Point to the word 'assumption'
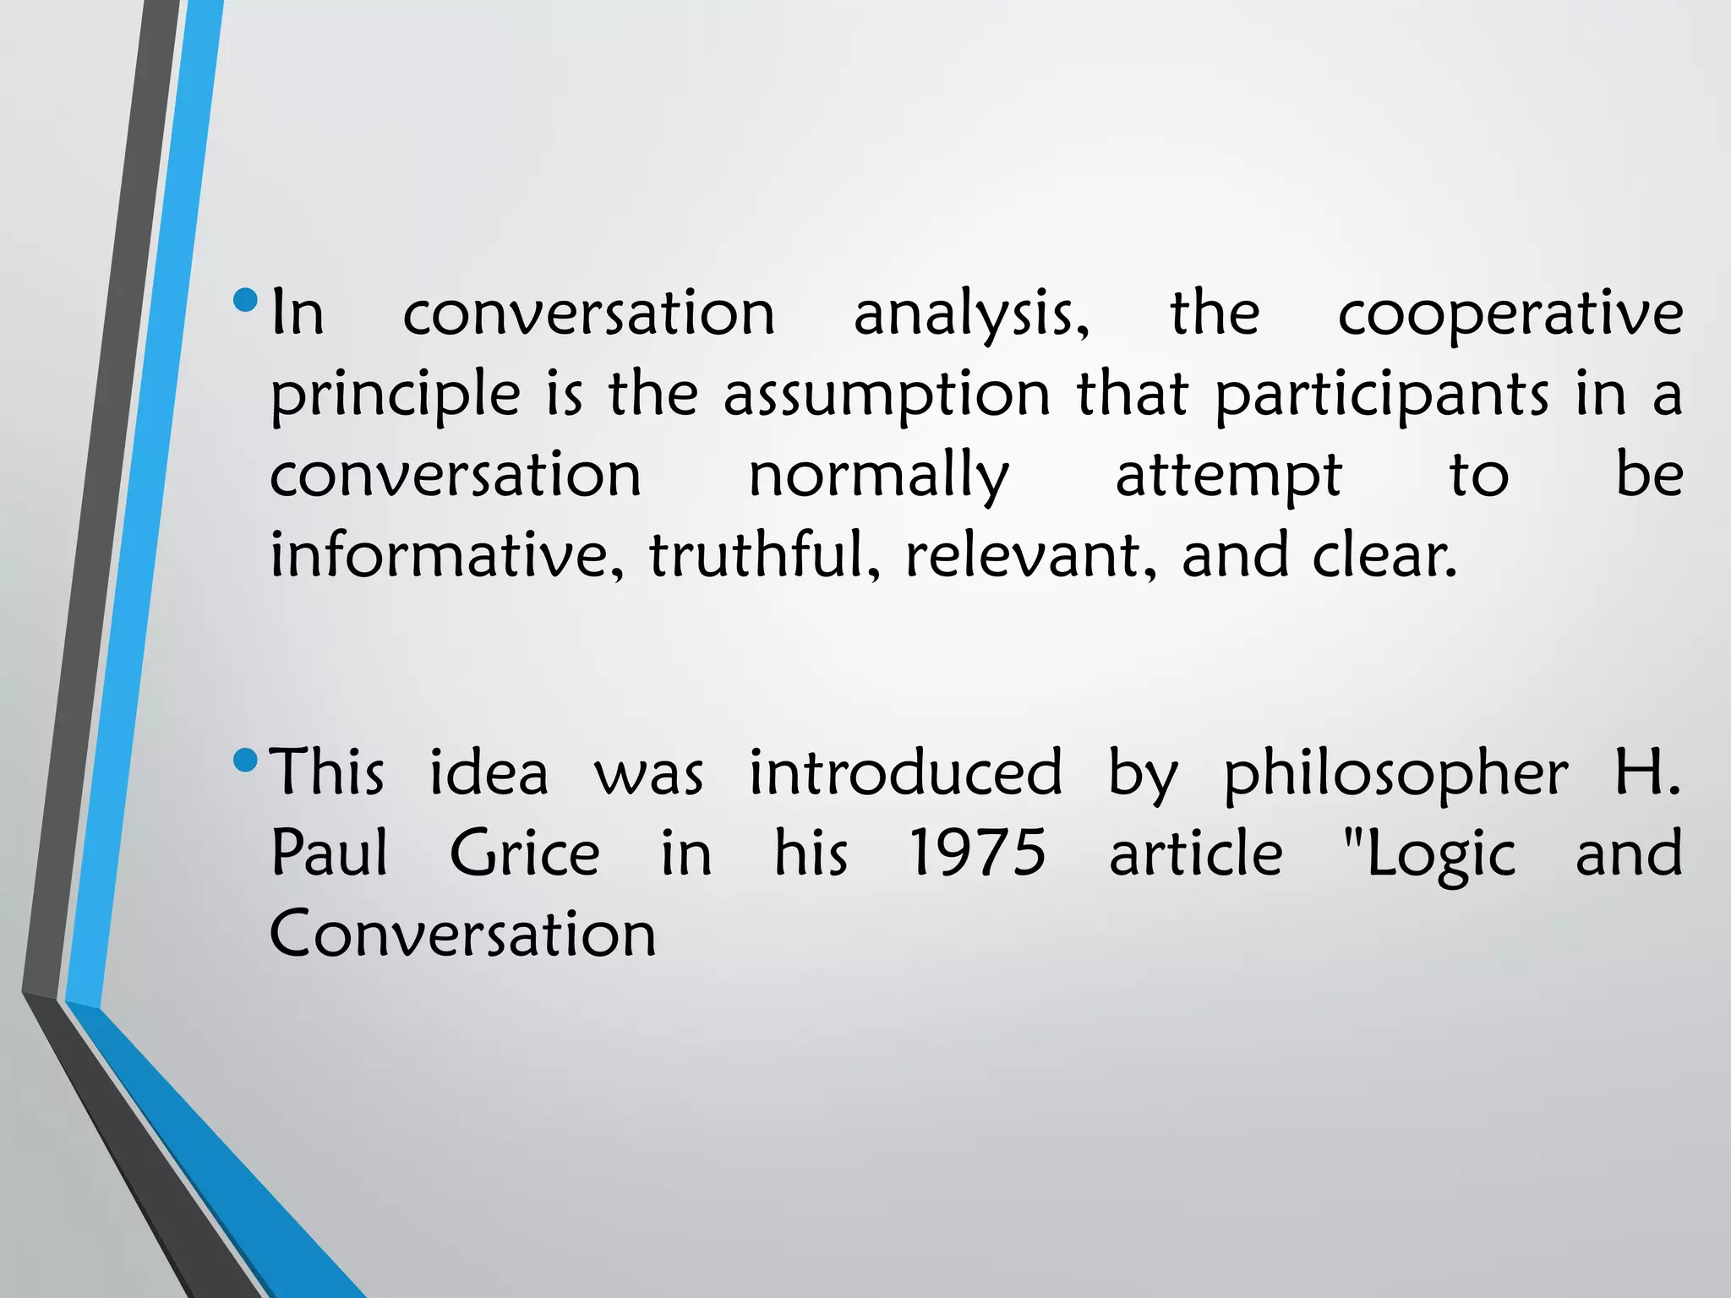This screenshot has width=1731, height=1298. tap(887, 395)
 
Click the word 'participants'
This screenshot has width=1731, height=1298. tap(1382, 395)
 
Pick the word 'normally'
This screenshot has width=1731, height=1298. tap(879, 476)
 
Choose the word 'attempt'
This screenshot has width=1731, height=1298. tap(1228, 476)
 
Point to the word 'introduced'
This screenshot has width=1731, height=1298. tap(905, 772)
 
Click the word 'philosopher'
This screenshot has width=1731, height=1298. tap(1395, 774)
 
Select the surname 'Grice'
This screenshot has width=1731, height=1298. tap(525, 854)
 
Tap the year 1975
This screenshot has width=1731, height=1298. tap(977, 854)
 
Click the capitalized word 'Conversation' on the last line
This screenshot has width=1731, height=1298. tap(463, 934)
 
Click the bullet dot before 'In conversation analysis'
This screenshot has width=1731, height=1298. tap(245, 300)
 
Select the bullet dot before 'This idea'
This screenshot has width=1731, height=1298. tap(245, 760)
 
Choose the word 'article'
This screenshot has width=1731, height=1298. tap(1195, 854)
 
